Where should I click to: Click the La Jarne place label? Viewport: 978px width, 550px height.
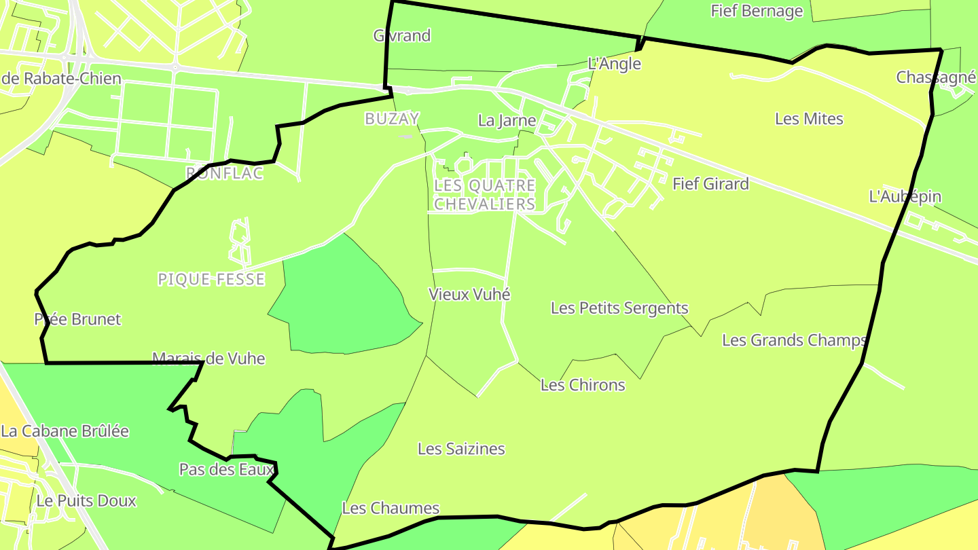pyautogui.click(x=507, y=121)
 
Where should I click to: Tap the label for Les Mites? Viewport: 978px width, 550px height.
pyautogui.click(x=809, y=119)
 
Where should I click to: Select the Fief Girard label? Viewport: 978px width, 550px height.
pyautogui.click(x=710, y=184)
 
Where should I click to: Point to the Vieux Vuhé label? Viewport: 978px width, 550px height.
pyautogui.click(x=469, y=295)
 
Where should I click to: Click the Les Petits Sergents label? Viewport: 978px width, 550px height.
pyautogui.click(x=619, y=308)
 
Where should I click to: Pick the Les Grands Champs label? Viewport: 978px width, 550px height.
pyautogui.click(x=794, y=340)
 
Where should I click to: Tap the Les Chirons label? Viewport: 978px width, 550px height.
pyautogui.click(x=583, y=386)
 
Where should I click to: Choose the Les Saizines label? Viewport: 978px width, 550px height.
pyautogui.click(x=461, y=449)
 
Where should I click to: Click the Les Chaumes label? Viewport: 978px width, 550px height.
pyautogui.click(x=391, y=508)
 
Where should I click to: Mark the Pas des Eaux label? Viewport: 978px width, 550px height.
pyautogui.click(x=226, y=469)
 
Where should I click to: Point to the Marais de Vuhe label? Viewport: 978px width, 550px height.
pyautogui.click(x=209, y=359)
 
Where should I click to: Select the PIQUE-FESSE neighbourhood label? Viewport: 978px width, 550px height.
pyautogui.click(x=211, y=279)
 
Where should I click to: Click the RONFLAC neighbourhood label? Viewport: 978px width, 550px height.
pyautogui.click(x=224, y=174)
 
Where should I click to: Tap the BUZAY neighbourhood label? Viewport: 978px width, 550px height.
pyautogui.click(x=392, y=119)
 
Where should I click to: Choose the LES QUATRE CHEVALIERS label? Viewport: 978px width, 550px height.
pyautogui.click(x=484, y=194)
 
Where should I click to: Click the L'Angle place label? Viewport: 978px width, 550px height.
pyautogui.click(x=614, y=64)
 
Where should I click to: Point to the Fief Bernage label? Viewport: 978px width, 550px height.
pyautogui.click(x=757, y=11)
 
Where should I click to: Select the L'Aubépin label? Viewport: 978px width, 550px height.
pyautogui.click(x=905, y=197)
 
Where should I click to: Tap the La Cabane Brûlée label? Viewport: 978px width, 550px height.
pyautogui.click(x=65, y=431)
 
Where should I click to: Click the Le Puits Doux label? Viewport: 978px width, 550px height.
pyautogui.click(x=86, y=501)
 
